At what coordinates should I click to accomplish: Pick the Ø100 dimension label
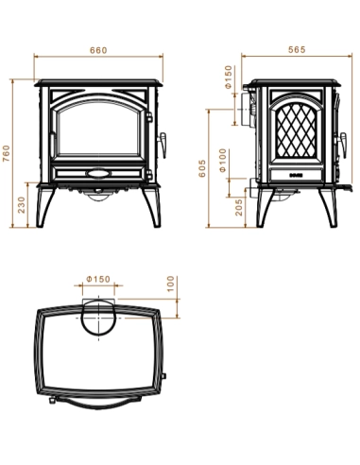(x=223, y=162)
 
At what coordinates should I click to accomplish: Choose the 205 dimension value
(x=239, y=206)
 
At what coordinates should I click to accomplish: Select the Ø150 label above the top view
(x=97, y=280)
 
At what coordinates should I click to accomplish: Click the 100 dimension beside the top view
(x=171, y=284)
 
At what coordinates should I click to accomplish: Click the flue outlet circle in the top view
(x=98, y=317)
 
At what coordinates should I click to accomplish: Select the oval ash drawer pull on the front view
(x=95, y=175)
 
